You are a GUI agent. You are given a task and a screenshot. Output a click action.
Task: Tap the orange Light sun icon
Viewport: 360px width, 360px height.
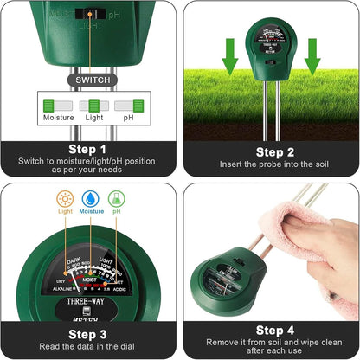pyautogui.click(x=66, y=198)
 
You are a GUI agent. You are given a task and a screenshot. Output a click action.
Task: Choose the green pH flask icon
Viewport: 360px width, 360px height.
pyautogui.click(x=116, y=198)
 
